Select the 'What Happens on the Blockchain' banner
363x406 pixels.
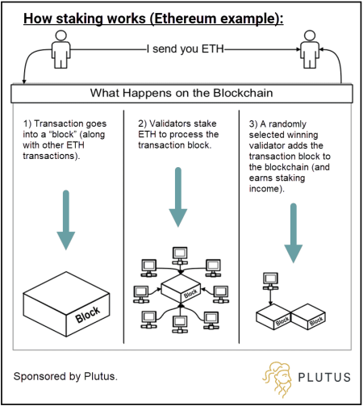pyautogui.click(x=181, y=92)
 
